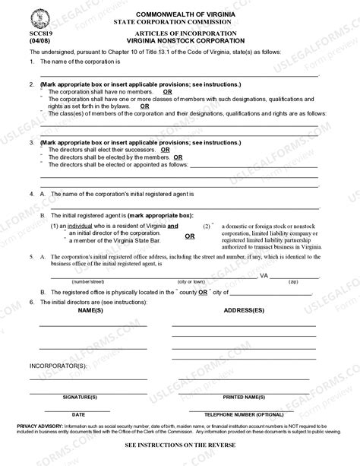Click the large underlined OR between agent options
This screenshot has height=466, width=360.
pos(189,236)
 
